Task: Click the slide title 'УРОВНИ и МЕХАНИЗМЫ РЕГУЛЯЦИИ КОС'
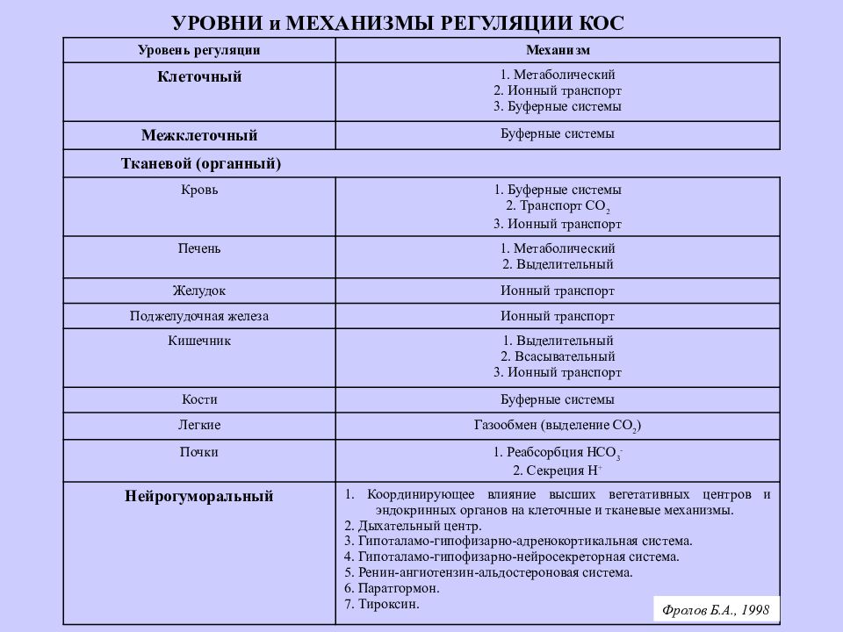click(x=397, y=23)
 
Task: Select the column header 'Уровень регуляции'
click(x=199, y=51)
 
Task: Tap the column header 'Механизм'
click(x=558, y=51)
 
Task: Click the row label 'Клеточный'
click(x=199, y=77)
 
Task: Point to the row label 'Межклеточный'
click(x=199, y=136)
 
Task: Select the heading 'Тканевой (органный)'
click(x=200, y=164)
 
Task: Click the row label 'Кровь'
click(x=199, y=190)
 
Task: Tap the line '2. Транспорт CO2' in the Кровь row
click(x=558, y=207)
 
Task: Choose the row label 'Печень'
click(x=199, y=248)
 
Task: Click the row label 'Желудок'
click(x=199, y=291)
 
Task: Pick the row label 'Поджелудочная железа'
click(x=199, y=316)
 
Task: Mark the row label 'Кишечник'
click(x=199, y=341)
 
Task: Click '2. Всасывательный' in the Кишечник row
click(x=558, y=356)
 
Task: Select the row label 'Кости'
click(x=199, y=399)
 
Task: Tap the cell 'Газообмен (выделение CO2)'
click(x=558, y=426)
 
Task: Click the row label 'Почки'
click(x=199, y=452)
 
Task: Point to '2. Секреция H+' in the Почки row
click(x=558, y=470)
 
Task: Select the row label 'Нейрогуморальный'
click(x=199, y=497)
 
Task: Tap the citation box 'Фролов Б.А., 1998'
click(x=717, y=608)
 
